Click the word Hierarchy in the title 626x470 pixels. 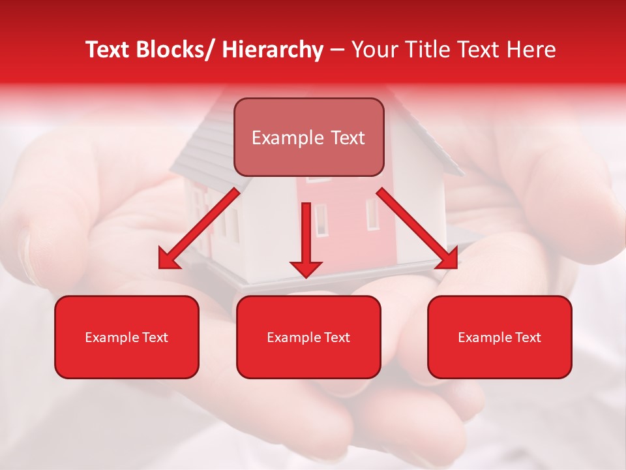pos(273,50)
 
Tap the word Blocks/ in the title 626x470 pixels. pos(171,50)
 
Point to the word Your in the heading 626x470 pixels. pos(374,50)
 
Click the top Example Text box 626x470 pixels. pos(308,137)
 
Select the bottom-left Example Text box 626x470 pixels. pos(127,337)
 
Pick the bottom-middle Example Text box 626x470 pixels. pos(308,337)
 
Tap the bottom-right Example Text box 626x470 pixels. pos(499,337)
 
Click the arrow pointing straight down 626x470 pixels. pos(306,235)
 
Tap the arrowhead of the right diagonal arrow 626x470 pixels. pos(449,259)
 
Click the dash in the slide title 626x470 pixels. pos(337,50)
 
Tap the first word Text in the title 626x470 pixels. pos(108,50)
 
